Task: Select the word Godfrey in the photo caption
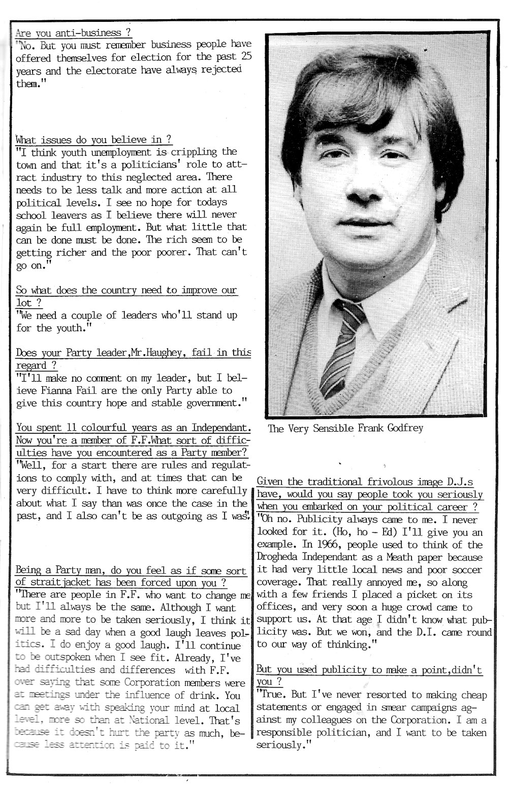(405, 428)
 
